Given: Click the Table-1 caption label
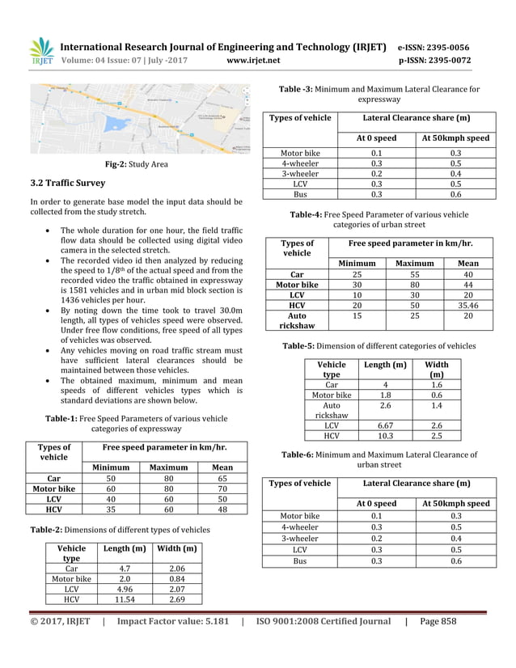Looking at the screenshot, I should (60, 418).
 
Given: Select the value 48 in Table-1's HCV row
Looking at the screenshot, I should (222, 509).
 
